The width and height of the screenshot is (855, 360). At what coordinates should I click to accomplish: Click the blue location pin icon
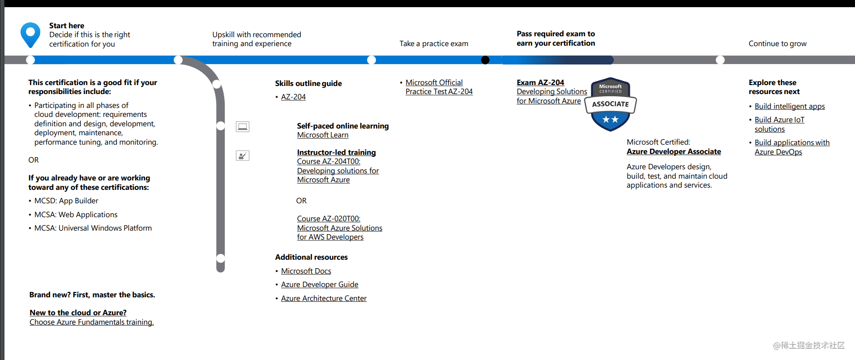click(30, 34)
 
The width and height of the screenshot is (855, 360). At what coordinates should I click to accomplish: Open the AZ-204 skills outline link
click(293, 97)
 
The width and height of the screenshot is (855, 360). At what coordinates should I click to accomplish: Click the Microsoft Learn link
click(322, 135)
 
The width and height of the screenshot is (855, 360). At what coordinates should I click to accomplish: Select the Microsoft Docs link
click(306, 271)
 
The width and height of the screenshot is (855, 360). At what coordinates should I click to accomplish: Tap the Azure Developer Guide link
click(319, 284)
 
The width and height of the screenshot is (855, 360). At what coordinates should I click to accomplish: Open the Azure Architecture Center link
click(323, 298)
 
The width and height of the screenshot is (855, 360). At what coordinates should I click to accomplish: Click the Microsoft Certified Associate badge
click(610, 104)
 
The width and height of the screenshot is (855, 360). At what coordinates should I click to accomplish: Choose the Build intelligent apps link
click(789, 106)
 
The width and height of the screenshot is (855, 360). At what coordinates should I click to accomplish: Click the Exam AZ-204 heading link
click(540, 82)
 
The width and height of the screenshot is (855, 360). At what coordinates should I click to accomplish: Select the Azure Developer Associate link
click(673, 151)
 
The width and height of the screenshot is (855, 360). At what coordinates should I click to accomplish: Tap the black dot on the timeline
click(485, 60)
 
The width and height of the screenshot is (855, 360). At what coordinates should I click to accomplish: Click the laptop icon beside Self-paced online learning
click(243, 127)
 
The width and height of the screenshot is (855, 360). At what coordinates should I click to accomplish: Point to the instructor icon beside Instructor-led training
click(243, 156)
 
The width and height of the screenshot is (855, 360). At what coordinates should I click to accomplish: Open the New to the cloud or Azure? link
click(78, 313)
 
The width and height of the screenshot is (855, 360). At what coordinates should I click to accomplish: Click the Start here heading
click(67, 26)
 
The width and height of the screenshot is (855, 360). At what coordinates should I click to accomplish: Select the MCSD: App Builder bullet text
click(66, 201)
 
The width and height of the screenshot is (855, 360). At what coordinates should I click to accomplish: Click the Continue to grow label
click(777, 43)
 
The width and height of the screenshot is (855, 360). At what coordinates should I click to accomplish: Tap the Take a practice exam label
click(433, 43)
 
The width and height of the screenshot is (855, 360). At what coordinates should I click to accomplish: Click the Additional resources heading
click(311, 257)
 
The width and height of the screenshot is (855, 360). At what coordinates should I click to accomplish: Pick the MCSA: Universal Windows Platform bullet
click(93, 228)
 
